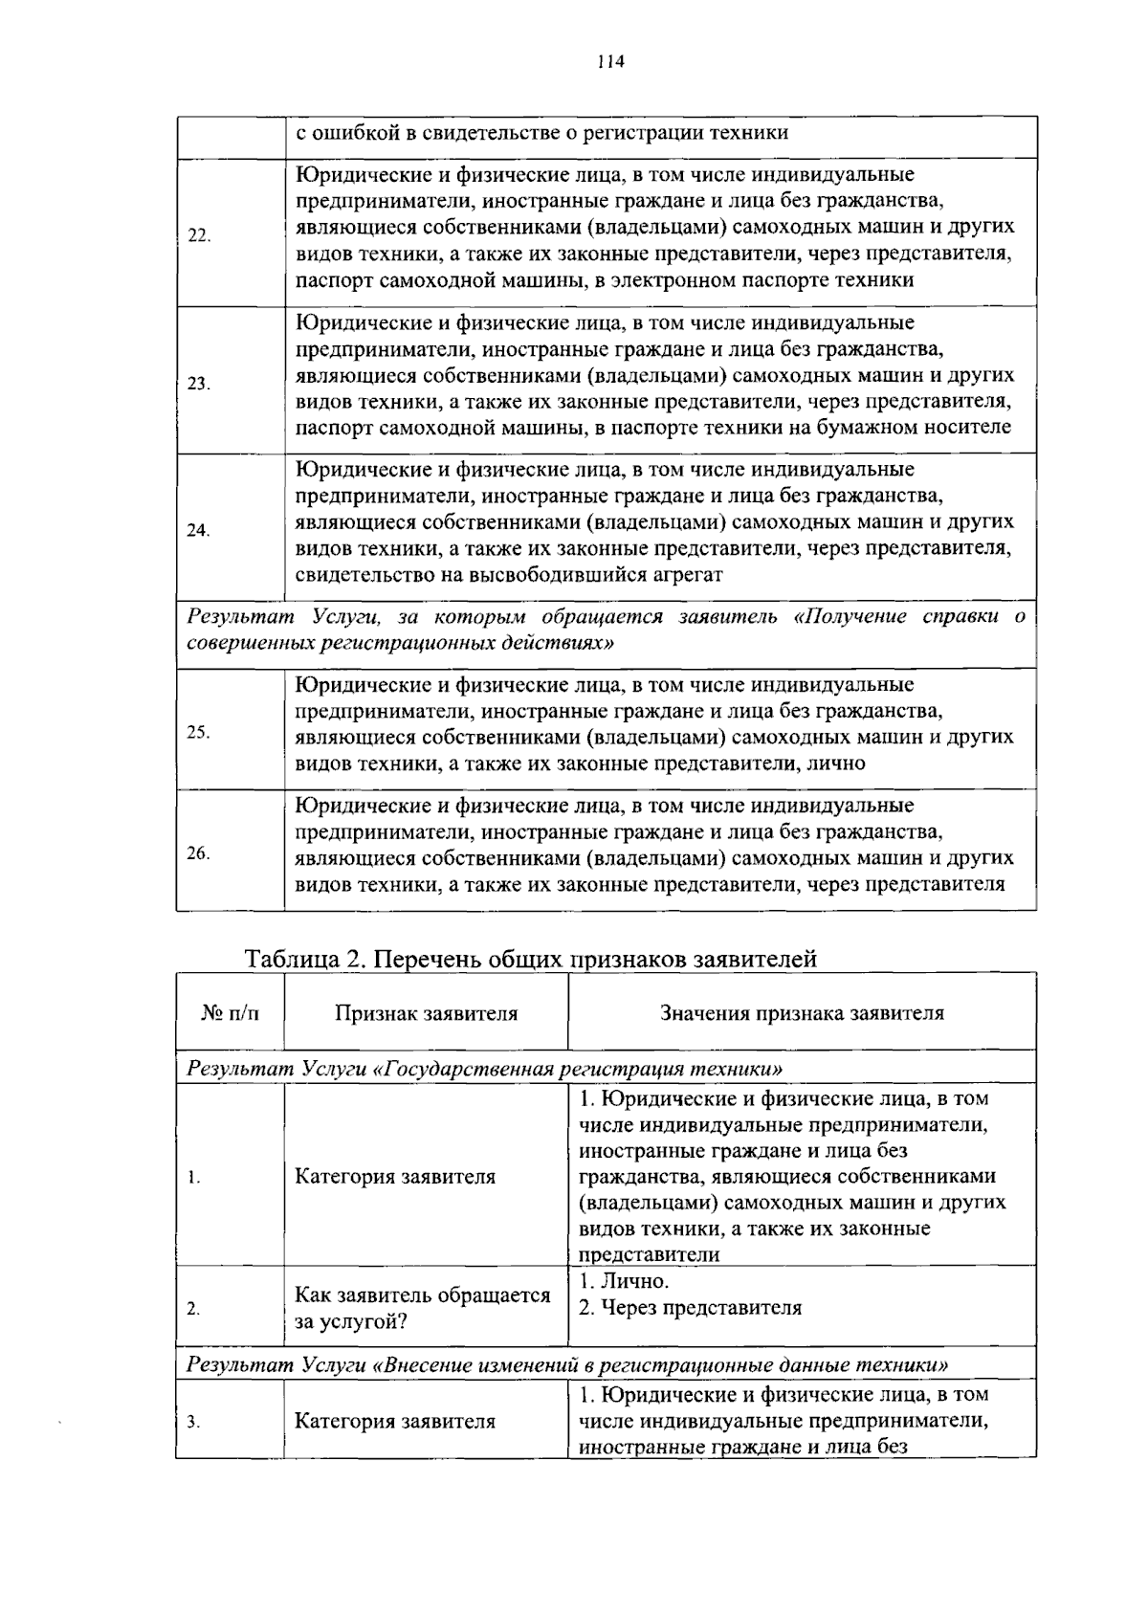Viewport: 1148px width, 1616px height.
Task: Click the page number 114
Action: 609,62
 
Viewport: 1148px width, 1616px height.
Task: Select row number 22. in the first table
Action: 199,236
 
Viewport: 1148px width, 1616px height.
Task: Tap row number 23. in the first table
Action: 199,384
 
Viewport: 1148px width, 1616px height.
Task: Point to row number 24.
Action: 199,531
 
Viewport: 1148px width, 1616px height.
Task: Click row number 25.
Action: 199,733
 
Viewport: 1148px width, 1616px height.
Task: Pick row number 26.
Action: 199,853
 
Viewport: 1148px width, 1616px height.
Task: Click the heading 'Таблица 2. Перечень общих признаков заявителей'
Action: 531,959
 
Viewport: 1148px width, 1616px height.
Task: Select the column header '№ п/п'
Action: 231,1013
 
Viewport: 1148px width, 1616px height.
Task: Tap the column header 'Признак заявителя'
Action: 426,1013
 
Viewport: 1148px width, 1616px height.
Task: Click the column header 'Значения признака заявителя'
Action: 802,1013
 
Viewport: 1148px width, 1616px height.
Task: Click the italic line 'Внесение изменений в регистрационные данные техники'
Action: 567,1364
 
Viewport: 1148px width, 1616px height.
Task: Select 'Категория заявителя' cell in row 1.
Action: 395,1177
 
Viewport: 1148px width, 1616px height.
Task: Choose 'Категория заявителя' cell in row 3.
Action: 395,1421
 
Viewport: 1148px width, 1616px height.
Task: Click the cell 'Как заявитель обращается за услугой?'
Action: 422,1308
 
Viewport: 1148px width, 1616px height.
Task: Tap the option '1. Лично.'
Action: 624,1281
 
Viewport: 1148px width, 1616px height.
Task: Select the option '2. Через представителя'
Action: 690,1308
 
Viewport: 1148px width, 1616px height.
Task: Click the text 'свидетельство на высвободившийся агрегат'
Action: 508,575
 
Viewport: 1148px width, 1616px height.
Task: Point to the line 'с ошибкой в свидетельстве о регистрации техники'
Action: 541,133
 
